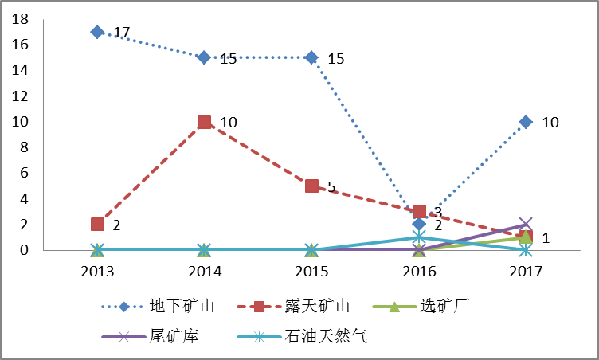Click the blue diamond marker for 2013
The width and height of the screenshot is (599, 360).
pyautogui.click(x=97, y=32)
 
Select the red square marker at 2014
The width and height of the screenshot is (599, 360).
pyautogui.click(x=204, y=122)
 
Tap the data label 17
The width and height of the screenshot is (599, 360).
pyautogui.click(x=122, y=33)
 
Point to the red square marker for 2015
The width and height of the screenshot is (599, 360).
pyautogui.click(x=311, y=186)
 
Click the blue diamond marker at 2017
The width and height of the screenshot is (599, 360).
pyautogui.click(x=526, y=122)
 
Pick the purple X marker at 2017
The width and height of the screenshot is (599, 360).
pyautogui.click(x=526, y=225)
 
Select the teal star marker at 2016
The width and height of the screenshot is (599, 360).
pyautogui.click(x=419, y=237)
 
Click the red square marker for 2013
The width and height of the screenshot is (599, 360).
pyautogui.click(x=97, y=225)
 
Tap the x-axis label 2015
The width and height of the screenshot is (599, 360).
pyautogui.click(x=311, y=272)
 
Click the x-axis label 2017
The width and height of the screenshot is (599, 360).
pyautogui.click(x=526, y=272)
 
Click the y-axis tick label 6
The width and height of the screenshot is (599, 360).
pyautogui.click(x=24, y=173)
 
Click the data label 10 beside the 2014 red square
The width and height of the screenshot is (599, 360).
pyautogui.click(x=229, y=123)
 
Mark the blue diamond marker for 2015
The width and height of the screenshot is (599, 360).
pyautogui.click(x=311, y=57)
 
